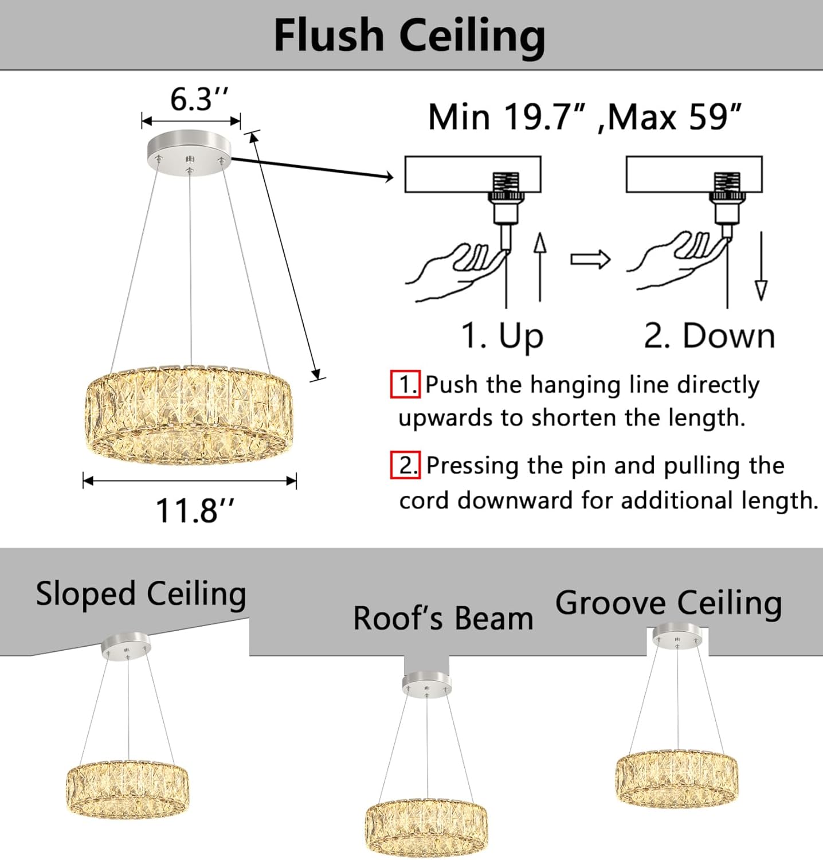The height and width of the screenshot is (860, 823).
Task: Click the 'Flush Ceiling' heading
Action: tap(409, 36)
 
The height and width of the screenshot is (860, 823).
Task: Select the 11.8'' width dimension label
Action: tap(195, 510)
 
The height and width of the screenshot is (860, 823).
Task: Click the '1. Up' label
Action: tap(502, 336)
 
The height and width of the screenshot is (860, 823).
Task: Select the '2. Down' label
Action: tap(709, 336)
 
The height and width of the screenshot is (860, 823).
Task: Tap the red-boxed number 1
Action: tap(406, 384)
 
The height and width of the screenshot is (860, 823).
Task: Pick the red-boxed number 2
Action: tap(406, 465)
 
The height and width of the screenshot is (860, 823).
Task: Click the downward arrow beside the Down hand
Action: tap(761, 266)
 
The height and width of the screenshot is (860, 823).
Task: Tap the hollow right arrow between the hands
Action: tap(590, 259)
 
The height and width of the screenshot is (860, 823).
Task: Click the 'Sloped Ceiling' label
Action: tap(141, 594)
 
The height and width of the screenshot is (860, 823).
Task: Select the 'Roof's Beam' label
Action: tap(443, 619)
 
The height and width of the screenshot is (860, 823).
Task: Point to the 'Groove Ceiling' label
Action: tap(668, 603)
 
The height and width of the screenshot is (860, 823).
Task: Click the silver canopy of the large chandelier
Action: tap(189, 148)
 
